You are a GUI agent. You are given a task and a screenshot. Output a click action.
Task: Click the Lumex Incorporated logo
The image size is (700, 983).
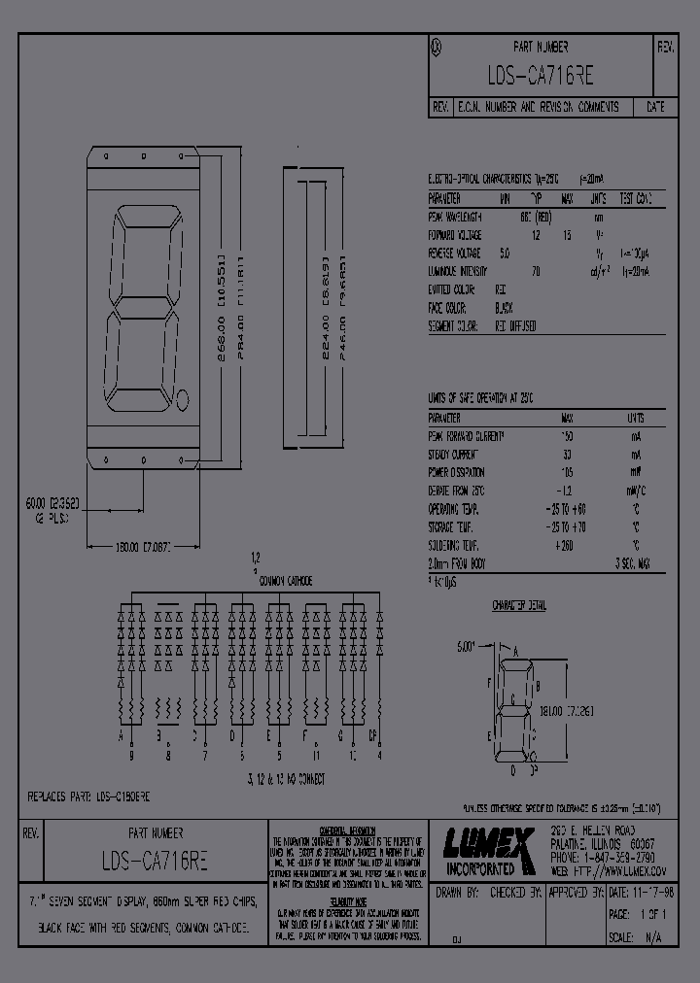[x=488, y=852]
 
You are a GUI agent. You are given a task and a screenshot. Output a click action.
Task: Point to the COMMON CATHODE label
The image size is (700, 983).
[x=285, y=581]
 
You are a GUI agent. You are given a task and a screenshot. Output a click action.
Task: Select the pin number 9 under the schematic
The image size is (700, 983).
[x=132, y=755]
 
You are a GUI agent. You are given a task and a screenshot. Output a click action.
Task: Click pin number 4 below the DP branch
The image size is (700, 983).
[x=379, y=755]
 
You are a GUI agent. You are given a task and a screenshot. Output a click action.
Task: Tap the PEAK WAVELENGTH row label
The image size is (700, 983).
[x=455, y=218]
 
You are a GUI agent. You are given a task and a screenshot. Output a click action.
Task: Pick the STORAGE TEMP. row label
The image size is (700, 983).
[x=455, y=526]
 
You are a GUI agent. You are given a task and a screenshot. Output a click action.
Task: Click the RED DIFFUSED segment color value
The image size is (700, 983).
[x=515, y=327]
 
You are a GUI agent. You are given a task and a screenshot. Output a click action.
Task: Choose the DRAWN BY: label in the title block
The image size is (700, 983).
[x=458, y=890]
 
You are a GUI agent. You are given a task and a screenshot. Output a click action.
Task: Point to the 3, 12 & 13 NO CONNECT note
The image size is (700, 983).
[x=286, y=778]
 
